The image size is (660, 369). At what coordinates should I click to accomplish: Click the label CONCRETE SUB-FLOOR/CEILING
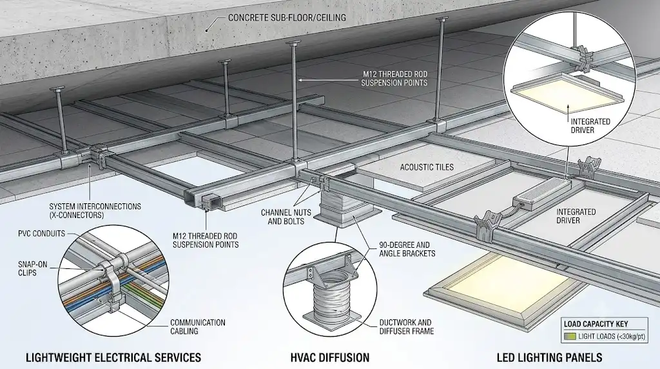(x=287, y=17)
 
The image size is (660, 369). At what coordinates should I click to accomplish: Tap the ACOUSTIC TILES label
(x=427, y=167)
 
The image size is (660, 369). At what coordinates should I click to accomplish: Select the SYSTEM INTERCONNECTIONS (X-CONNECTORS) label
(x=95, y=210)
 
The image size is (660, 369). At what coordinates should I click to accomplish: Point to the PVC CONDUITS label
(x=42, y=234)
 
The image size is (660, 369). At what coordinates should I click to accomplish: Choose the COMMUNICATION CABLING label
(x=198, y=326)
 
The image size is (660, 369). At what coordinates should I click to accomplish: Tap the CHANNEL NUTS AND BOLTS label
(x=286, y=216)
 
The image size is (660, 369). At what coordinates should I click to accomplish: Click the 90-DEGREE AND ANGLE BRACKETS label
(x=407, y=249)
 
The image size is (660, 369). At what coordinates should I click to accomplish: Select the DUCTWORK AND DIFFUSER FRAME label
(x=405, y=326)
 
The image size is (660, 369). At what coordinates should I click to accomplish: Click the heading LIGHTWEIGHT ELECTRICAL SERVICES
(x=113, y=357)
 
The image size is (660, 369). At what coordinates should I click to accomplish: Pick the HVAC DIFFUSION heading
(x=329, y=357)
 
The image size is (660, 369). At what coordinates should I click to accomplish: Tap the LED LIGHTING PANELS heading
(x=549, y=357)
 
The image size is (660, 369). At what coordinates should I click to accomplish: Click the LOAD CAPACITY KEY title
(x=596, y=324)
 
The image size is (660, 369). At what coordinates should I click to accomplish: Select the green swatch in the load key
(x=570, y=336)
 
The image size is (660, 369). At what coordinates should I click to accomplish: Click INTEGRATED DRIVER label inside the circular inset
(x=585, y=126)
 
